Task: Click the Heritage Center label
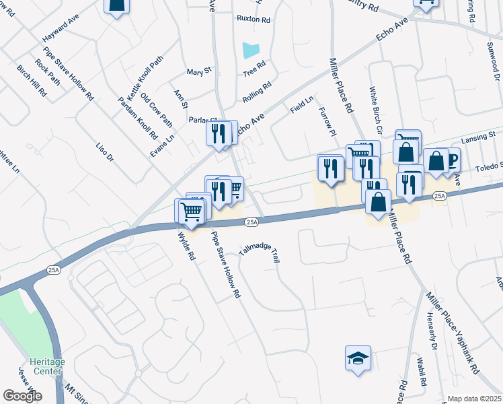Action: (47, 366)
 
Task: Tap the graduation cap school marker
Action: (358, 358)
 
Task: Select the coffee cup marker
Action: (449, 160)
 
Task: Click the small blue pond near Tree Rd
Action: (250, 49)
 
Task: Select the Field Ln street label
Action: (302, 104)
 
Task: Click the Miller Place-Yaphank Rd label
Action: (453, 332)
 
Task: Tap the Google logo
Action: (22, 395)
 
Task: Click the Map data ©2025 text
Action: (474, 399)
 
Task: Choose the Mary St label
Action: (199, 71)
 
